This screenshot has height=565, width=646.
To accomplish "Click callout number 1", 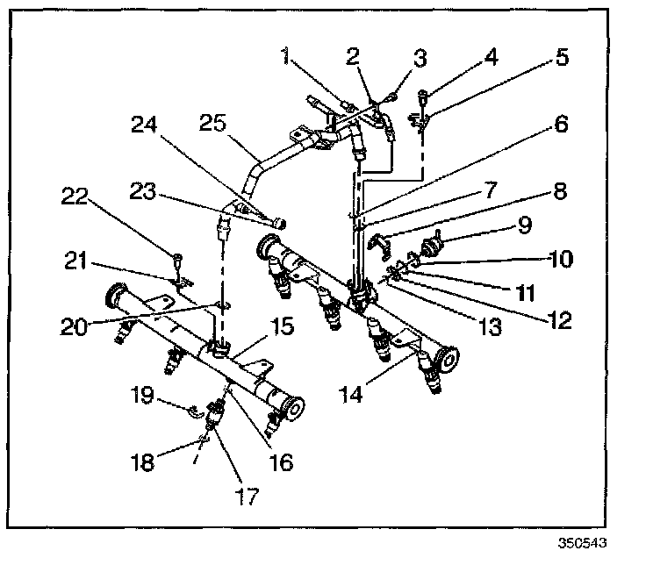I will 285,60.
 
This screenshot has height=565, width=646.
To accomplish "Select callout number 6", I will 559,125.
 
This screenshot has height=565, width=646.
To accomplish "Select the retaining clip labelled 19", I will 192,408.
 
